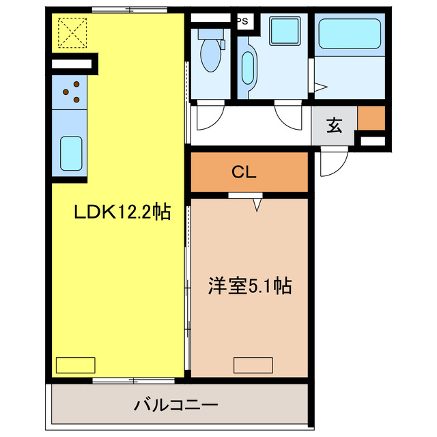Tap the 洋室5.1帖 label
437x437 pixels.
click(251, 285)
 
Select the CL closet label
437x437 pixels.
click(244, 173)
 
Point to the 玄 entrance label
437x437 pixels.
click(334, 126)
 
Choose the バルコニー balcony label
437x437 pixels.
click(175, 406)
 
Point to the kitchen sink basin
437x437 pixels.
click(71, 153)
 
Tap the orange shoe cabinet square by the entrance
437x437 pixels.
click(371, 118)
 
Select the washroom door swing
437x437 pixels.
click(287, 115)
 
